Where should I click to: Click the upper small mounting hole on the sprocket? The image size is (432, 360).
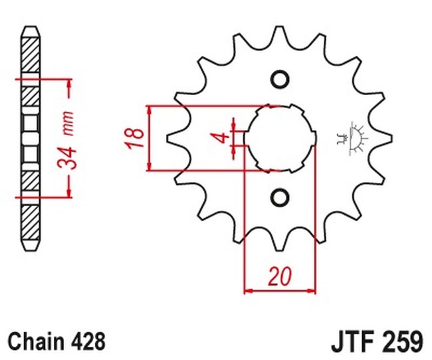tap(280, 80)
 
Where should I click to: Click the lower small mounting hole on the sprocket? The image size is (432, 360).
tap(280, 197)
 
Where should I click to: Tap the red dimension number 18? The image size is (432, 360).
tap(135, 138)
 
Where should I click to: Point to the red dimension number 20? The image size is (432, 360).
tap(280, 276)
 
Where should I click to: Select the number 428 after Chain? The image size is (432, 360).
tap(88, 341)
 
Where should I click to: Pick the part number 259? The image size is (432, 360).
tap(403, 341)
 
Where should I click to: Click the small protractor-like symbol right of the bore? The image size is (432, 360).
tap(353, 138)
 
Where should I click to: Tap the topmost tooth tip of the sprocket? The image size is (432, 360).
tap(280, 27)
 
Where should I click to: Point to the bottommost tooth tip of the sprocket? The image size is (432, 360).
tap(280, 250)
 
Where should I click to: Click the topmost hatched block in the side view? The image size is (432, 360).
tap(31, 55)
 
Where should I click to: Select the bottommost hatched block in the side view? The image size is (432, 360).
tap(31, 223)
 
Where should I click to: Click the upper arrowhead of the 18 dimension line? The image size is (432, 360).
tap(150, 110)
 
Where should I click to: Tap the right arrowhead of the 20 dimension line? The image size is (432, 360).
tap(311, 290)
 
